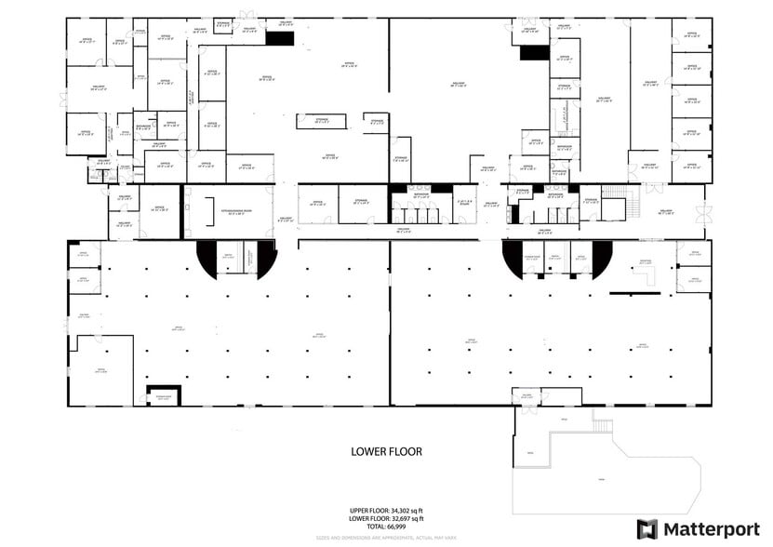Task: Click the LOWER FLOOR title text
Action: click(386, 452)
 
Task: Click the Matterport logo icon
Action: click(646, 528)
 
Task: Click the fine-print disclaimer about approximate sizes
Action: click(386, 538)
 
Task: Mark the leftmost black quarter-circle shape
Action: click(207, 256)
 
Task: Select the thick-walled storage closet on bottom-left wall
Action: click(163, 395)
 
